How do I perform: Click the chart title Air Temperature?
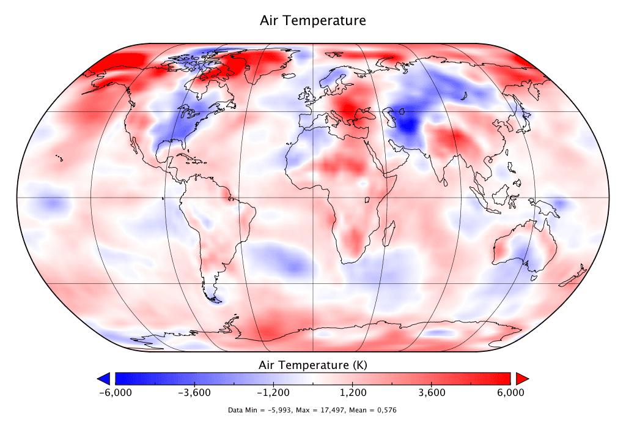tap(313, 21)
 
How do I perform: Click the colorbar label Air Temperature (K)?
tap(313, 365)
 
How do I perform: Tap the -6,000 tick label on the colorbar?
tap(115, 392)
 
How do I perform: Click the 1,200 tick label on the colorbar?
tap(354, 392)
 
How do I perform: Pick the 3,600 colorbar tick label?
tap(433, 392)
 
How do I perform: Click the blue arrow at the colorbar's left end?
tap(104, 378)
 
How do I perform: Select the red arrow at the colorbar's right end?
tap(521, 378)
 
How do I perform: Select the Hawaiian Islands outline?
tap(59, 158)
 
